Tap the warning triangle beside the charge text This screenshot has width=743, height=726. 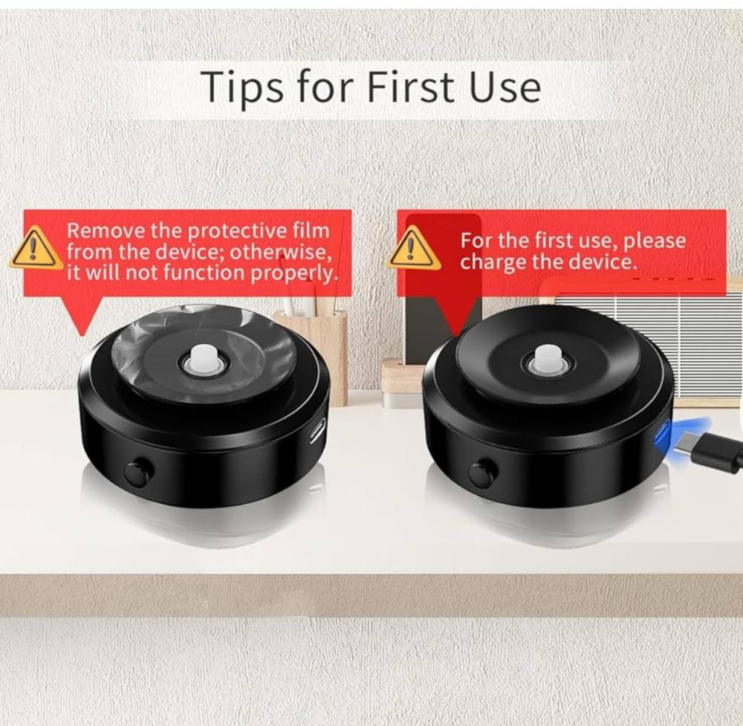(412, 247)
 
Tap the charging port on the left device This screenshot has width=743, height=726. (317, 430)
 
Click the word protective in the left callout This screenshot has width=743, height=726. (237, 232)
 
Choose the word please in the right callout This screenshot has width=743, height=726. (655, 242)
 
